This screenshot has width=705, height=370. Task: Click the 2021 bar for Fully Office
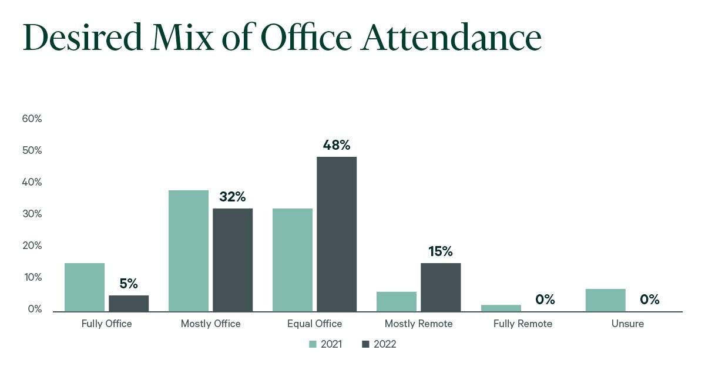[85, 287]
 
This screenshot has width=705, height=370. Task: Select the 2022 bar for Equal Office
[337, 234]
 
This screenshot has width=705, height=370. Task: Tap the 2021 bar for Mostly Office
[189, 251]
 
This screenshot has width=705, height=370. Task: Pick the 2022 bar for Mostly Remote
[441, 287]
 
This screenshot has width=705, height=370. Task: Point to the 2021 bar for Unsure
[605, 300]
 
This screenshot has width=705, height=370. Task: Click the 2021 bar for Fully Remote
[501, 308]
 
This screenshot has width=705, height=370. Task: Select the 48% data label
[337, 145]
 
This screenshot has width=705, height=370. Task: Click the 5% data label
[129, 284]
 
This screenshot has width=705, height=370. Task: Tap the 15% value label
[441, 252]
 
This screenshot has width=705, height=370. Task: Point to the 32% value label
[233, 197]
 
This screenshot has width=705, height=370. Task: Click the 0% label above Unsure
[650, 300]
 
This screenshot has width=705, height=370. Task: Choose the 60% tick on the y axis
[32, 119]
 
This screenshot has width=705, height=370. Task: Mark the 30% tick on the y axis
[32, 214]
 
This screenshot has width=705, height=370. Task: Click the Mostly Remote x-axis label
[418, 324]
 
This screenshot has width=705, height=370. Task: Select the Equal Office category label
[314, 324]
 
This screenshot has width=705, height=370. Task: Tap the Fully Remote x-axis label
[523, 324]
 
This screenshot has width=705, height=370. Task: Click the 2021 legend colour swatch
[313, 344]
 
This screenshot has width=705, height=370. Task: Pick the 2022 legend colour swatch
[365, 344]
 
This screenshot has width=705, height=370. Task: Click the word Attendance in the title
[452, 38]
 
